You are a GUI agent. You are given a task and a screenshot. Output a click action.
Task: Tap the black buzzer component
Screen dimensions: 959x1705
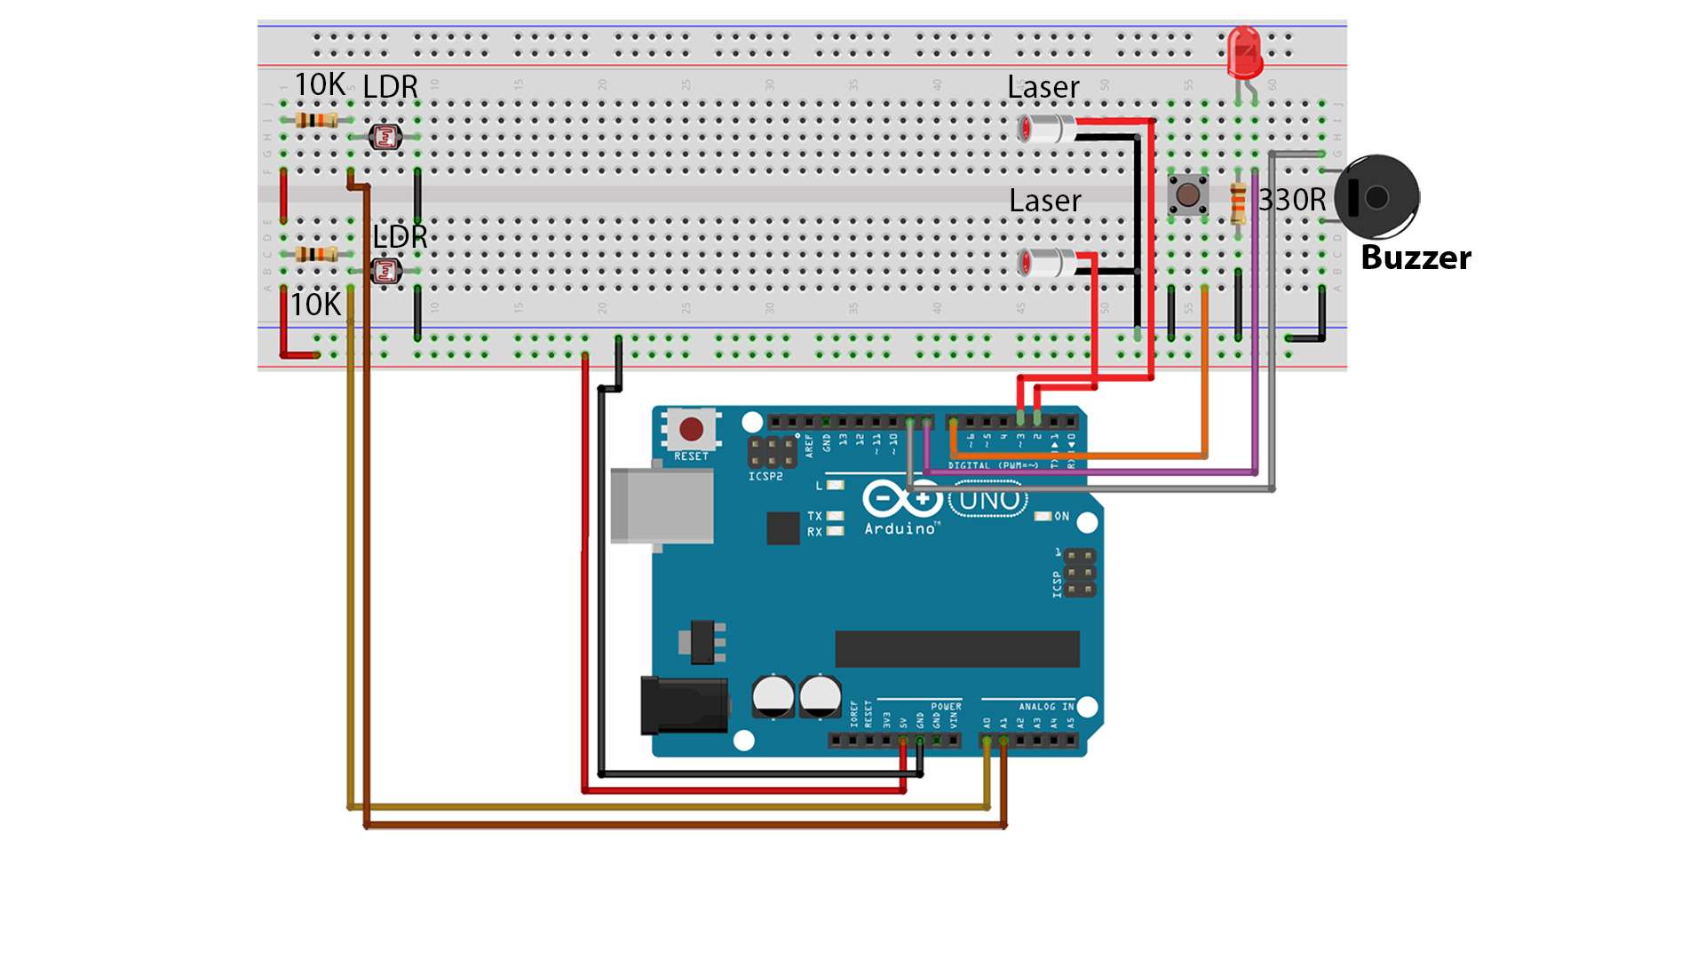tap(1376, 197)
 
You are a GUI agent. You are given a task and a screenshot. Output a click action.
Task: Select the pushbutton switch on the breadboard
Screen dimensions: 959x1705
tap(1187, 194)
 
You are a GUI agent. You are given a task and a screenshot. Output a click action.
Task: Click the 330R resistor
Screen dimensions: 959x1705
tap(1238, 203)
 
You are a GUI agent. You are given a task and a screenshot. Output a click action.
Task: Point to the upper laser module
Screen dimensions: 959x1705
tap(1046, 130)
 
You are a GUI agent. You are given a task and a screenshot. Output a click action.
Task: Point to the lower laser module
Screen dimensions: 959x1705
tap(1046, 263)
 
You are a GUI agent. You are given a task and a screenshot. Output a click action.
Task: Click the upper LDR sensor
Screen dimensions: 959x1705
tap(385, 137)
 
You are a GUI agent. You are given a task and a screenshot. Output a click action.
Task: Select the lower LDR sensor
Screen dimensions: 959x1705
tap(385, 271)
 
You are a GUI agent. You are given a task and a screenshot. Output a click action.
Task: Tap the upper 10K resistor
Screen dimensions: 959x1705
tap(316, 120)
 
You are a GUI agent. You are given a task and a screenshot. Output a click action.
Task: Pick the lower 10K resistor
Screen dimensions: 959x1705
tap(316, 255)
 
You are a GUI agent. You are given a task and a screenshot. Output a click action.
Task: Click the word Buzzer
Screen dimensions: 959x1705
tap(1416, 258)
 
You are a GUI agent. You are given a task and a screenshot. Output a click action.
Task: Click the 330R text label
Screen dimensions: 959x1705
tap(1292, 201)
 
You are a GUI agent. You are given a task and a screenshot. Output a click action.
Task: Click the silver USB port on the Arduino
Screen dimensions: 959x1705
tap(662, 505)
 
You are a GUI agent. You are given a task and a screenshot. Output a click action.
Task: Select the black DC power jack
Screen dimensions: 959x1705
tap(685, 706)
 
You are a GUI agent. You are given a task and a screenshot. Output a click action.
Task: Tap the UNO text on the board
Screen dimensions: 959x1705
tap(988, 501)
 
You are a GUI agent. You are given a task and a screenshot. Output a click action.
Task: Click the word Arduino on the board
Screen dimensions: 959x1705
tap(900, 528)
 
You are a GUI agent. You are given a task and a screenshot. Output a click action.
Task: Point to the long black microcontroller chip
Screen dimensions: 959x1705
tap(956, 649)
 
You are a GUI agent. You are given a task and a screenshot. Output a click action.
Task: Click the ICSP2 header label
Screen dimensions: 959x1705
tap(765, 477)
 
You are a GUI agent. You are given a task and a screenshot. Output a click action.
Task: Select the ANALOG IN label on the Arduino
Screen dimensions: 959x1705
tap(1046, 707)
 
